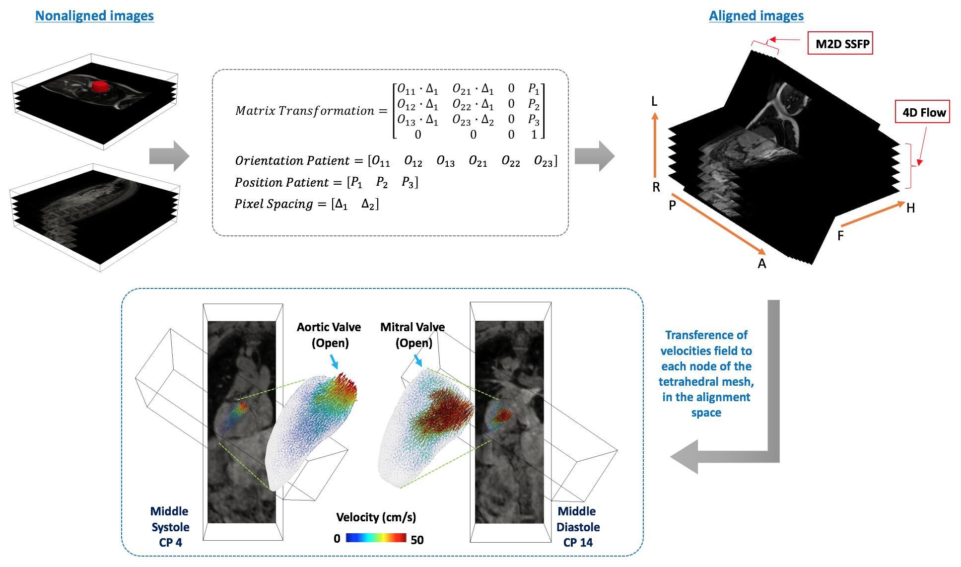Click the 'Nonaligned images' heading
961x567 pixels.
[94, 16]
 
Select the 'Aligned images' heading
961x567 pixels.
[756, 16]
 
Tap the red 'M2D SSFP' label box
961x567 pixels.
[840, 44]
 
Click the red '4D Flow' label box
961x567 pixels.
[922, 112]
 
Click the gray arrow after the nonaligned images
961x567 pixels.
[169, 156]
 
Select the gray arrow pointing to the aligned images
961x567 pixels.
[595, 156]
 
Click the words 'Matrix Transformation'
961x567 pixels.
[305, 111]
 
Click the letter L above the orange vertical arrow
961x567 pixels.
[654, 102]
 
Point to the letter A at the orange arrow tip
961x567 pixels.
[762, 264]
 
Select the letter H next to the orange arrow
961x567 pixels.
[910, 208]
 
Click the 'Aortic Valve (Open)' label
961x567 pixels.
[329, 335]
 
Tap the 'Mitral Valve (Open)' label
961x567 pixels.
[412, 335]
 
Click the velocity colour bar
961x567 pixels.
[376, 538]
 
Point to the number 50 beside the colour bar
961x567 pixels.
[417, 540]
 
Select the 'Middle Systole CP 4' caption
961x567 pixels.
[170, 527]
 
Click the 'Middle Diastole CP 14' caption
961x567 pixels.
[578, 527]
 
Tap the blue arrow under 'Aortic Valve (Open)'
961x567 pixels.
[334, 361]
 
